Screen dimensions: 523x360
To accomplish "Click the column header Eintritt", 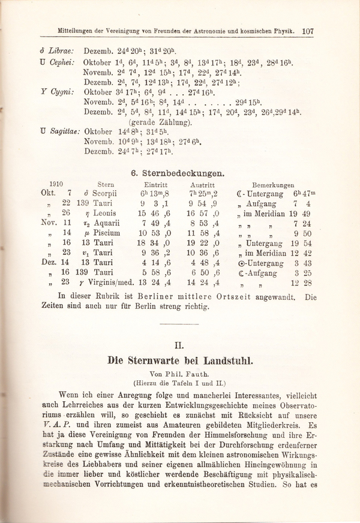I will (x=155, y=186).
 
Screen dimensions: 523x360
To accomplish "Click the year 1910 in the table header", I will (x=56, y=185).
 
